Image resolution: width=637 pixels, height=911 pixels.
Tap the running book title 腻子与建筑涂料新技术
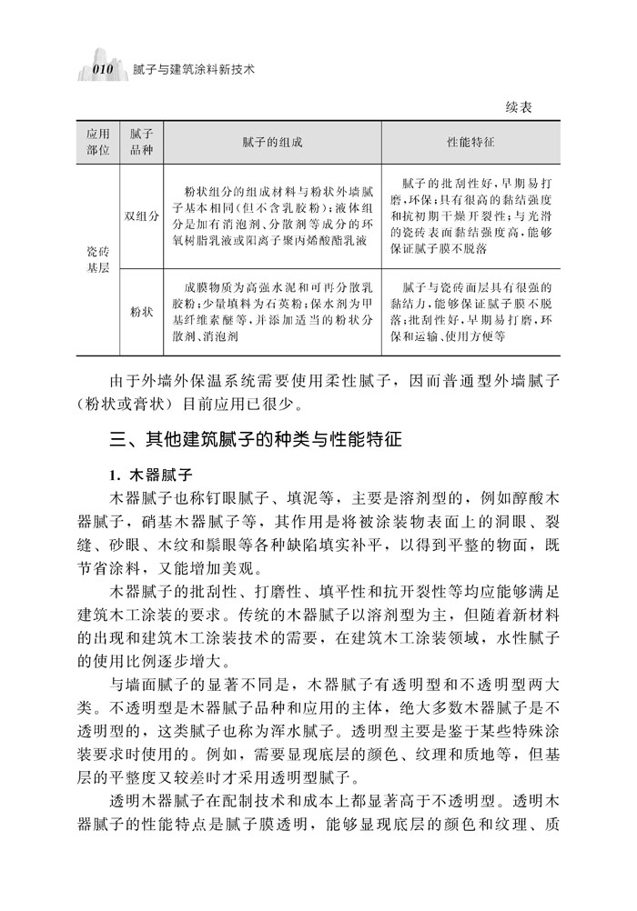193,69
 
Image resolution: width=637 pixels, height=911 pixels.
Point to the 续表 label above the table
518,107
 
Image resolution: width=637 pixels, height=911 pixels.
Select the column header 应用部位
96,141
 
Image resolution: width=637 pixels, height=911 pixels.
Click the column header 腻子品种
141,141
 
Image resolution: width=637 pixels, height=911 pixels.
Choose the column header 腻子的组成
272,142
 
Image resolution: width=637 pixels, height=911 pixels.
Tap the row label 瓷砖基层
96,257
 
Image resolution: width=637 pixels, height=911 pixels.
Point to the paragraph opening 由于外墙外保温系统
318,390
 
